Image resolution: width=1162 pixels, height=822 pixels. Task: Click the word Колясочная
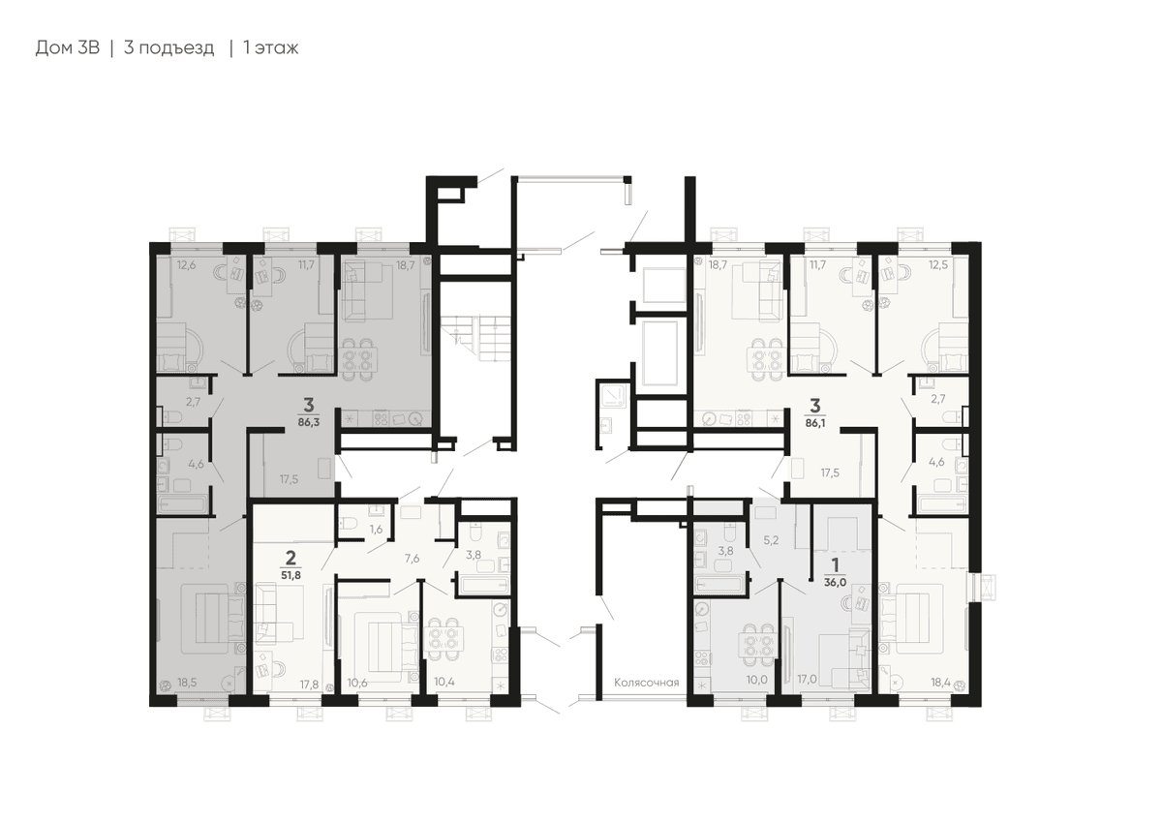(x=647, y=683)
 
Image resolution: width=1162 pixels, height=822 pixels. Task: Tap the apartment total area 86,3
(x=309, y=422)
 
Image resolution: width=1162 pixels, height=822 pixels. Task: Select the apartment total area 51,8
(x=291, y=576)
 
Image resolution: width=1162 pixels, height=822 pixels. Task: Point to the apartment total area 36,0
(x=835, y=583)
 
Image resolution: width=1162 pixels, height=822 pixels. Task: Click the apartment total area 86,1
(x=815, y=423)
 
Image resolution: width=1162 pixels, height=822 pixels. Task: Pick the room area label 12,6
(x=186, y=265)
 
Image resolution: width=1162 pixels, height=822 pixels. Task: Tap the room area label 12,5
(x=938, y=264)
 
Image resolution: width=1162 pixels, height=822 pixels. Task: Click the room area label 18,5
(x=187, y=683)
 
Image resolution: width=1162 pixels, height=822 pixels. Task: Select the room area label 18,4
(x=940, y=683)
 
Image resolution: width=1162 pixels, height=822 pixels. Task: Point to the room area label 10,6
(x=357, y=683)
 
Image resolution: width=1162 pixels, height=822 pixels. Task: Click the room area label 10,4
(x=444, y=682)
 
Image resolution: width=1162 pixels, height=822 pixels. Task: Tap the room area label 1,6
(x=376, y=530)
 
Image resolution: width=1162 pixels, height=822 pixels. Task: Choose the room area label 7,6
(x=412, y=558)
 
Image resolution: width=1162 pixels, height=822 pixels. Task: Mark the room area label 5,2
(x=771, y=540)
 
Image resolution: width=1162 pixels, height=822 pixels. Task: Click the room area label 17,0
(x=808, y=680)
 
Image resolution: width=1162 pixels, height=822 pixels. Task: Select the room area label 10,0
(x=757, y=680)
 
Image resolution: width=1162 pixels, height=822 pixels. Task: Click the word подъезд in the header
(x=169, y=48)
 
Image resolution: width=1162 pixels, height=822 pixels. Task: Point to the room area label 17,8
(x=309, y=685)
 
